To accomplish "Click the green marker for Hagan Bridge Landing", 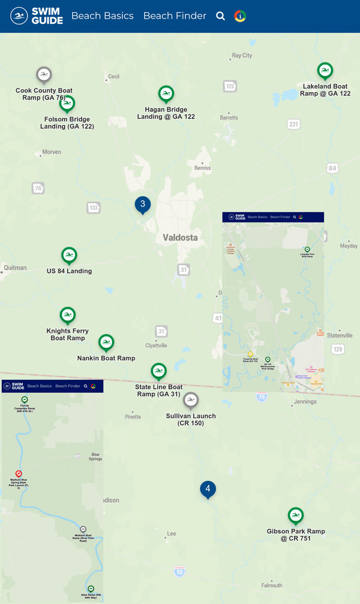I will point(166,94).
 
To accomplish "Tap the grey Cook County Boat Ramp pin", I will point(44,75).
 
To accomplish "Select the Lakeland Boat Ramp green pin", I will point(325,71).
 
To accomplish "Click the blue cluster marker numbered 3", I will point(142,204).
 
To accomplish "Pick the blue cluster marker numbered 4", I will point(208,489).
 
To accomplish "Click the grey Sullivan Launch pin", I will point(190,400).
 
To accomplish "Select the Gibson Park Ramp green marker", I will point(295,516).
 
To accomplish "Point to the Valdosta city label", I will point(180,238).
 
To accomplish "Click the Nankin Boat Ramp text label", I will point(106,358).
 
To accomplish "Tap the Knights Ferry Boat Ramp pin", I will point(68,315).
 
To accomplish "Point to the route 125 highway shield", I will point(230,86).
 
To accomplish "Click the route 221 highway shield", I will point(293,124).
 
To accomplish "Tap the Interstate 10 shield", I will point(180,572).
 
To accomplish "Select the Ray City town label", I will point(242,56).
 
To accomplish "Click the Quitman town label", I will point(15,268).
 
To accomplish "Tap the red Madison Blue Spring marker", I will point(19,473).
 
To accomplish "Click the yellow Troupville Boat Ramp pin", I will point(250,354).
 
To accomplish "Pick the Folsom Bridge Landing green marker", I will point(67,103).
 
